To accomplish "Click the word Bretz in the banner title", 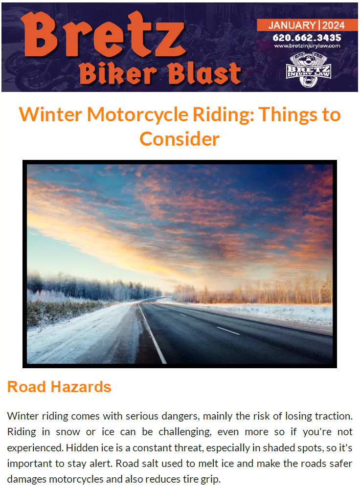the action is coord(103,35).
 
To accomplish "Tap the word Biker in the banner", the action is coord(118,74).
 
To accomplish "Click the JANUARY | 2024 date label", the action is coord(307,25).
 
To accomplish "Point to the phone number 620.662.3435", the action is coord(307,38).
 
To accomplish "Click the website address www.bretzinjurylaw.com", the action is coord(307,46).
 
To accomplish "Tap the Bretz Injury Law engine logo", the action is coord(308,69).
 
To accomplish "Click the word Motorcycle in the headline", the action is coord(137,114).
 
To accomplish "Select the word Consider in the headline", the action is coord(180,139).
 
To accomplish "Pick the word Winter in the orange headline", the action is coord(50,114).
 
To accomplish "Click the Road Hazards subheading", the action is coord(59,387).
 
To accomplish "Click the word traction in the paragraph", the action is coord(334,416).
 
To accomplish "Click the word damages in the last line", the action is coord(27,479).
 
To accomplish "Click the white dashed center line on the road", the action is coord(228,331).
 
